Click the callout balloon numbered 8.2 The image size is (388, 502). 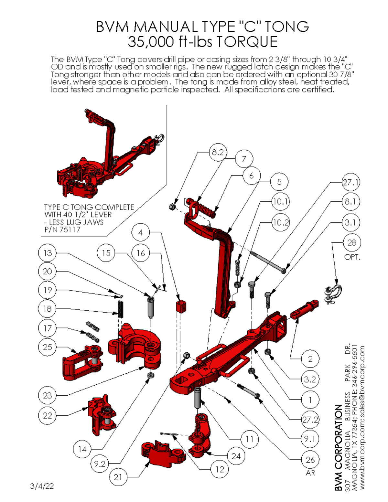(218, 152)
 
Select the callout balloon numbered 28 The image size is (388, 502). (352, 242)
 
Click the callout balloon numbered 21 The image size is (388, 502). (118, 477)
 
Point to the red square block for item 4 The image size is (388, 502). (182, 306)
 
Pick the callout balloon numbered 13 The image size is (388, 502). (48, 253)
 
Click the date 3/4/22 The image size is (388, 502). (42, 486)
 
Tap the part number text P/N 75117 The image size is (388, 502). (62, 230)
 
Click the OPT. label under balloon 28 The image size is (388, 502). (352, 257)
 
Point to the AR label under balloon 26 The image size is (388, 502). (310, 473)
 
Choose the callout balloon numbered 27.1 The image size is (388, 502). (351, 182)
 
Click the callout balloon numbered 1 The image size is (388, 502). (310, 400)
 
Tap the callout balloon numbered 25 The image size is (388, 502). (48, 347)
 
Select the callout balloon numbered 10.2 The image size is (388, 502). (280, 223)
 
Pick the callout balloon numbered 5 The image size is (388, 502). (279, 182)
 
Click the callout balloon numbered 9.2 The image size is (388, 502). (100, 464)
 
